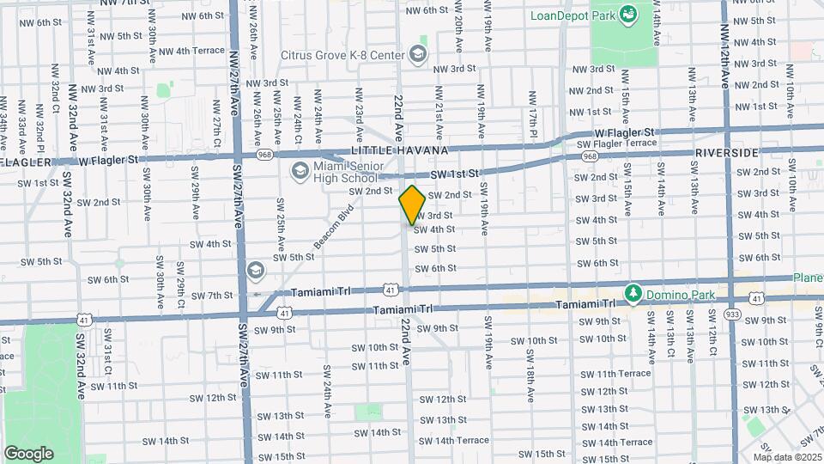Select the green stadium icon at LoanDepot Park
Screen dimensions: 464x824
[627, 13]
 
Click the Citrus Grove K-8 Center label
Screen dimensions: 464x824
[342, 55]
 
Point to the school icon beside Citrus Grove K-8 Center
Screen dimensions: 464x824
[417, 55]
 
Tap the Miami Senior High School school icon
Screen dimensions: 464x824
[300, 171]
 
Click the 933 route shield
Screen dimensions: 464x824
[732, 315]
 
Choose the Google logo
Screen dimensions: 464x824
[28, 453]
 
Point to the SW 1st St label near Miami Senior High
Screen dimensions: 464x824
[452, 174]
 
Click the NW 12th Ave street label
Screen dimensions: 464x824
[725, 58]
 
